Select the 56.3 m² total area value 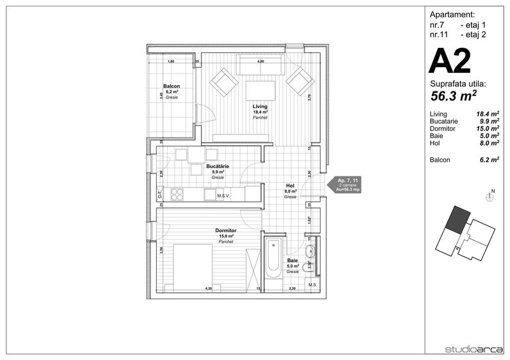(x=455, y=95)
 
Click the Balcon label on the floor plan (x=171, y=86)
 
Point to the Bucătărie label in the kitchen (x=218, y=166)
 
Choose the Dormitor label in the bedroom (x=226, y=230)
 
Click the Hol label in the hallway (x=290, y=185)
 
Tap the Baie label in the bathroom (x=292, y=260)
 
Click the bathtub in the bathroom (x=272, y=259)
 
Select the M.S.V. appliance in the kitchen (x=223, y=195)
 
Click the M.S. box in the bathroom (x=313, y=285)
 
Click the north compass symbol (x=491, y=198)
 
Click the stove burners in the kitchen (x=176, y=194)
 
